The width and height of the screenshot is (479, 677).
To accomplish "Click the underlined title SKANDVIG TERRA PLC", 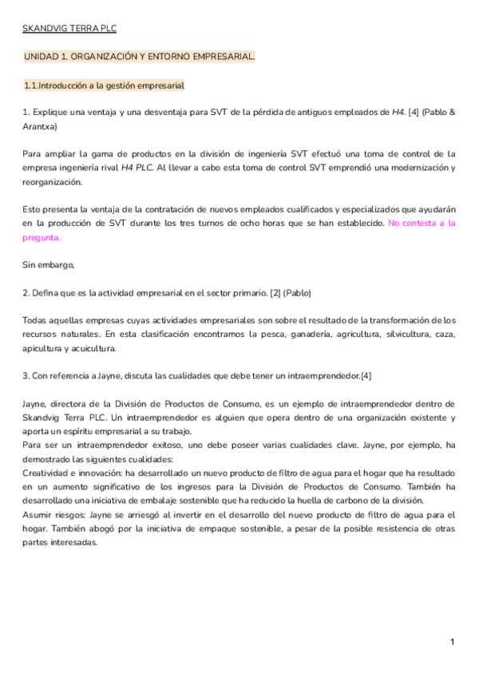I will click(69, 29).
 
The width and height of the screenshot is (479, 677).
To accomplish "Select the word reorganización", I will click(53, 181).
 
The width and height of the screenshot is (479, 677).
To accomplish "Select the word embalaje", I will click(141, 501).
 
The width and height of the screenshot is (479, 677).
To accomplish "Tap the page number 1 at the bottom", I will click(452, 642).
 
